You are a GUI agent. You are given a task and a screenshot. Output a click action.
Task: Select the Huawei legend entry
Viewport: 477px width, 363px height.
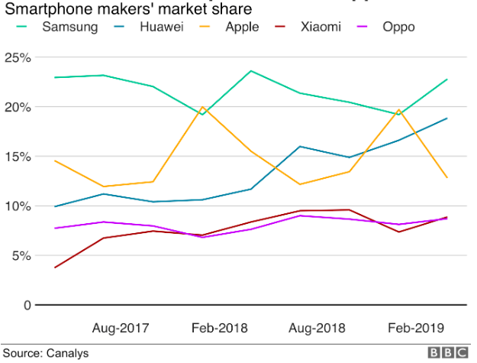click(161, 28)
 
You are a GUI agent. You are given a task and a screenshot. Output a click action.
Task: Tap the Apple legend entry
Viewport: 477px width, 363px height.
click(242, 28)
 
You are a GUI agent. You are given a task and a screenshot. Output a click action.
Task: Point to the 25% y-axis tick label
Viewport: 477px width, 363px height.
click(18, 58)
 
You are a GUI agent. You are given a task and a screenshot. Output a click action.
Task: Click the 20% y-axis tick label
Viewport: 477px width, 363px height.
click(18, 107)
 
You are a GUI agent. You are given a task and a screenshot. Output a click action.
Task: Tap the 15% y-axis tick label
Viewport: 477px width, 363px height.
click(18, 157)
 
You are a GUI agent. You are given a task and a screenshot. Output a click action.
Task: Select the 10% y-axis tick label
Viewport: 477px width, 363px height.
click(18, 206)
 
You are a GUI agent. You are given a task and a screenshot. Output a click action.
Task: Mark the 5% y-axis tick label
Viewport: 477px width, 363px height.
click(21, 255)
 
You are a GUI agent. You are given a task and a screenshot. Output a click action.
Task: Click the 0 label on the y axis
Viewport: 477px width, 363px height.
click(27, 305)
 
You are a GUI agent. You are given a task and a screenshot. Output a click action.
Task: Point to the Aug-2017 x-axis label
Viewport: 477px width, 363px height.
click(121, 327)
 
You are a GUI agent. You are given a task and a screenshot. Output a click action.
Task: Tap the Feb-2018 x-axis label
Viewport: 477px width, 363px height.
click(219, 327)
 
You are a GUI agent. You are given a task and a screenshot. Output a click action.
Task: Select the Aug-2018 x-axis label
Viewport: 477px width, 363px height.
click(317, 327)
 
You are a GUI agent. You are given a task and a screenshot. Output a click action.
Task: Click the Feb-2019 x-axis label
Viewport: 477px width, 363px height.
click(416, 327)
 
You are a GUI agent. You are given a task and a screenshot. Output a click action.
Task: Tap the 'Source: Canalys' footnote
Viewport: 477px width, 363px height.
click(45, 353)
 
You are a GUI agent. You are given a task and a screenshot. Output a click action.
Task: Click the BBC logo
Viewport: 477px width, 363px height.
click(448, 353)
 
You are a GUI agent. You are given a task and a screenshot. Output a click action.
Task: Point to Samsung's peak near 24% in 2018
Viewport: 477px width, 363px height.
click(251, 71)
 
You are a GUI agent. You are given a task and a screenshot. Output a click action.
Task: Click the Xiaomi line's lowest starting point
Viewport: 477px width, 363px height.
click(55, 267)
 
